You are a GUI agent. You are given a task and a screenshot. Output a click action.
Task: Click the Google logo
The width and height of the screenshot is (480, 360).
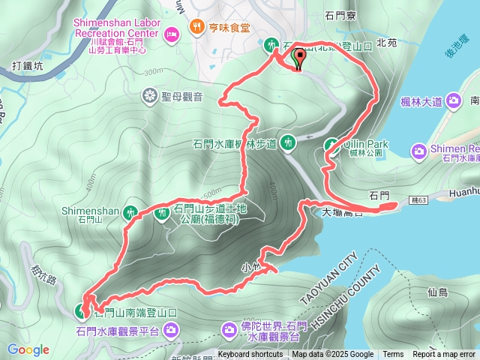click(28, 349)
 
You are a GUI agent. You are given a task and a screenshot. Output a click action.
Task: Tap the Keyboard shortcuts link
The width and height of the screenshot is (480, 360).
click(251, 355)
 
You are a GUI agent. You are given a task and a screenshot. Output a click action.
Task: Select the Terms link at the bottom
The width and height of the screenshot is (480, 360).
click(393, 355)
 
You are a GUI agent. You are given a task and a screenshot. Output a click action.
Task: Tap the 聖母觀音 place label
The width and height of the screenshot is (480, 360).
click(184, 95)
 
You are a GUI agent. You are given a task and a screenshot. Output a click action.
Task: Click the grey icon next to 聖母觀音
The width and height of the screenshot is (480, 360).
click(150, 95)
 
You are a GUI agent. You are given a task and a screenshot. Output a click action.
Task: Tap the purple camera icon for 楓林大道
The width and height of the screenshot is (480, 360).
click(453, 100)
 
